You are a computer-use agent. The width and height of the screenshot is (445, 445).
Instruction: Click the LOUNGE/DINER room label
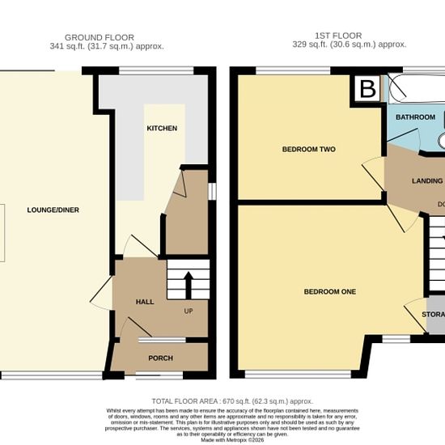point(51,210)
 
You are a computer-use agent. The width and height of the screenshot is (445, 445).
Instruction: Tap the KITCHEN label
point(161,129)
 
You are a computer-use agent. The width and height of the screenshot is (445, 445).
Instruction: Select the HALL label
point(144,302)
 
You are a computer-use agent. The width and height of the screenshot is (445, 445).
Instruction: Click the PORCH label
point(160,358)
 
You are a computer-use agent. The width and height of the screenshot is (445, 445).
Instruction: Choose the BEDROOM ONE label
point(330,291)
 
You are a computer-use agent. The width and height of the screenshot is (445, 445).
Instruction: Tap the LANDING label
point(427,181)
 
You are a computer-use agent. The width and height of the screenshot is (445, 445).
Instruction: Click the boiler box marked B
point(367,89)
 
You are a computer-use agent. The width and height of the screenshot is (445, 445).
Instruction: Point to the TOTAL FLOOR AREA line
point(231,401)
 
